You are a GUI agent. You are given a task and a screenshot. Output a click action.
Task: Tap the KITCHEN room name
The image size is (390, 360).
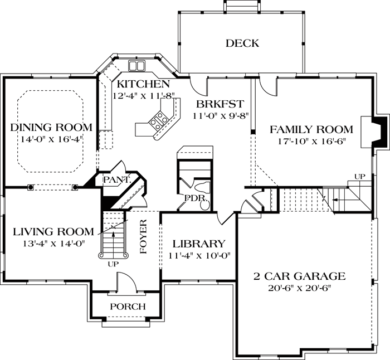[x=143, y=84]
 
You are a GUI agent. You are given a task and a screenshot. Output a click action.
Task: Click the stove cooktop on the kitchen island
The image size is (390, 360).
[x=158, y=118]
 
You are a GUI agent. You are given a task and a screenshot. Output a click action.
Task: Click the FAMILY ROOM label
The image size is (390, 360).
[x=311, y=130]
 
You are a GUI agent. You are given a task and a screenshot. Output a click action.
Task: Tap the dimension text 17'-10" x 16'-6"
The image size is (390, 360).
[x=311, y=142]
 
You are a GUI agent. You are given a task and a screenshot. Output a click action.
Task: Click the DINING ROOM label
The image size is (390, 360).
[x=51, y=128]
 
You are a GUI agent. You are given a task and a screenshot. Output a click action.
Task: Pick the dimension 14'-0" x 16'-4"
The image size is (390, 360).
[x=51, y=139]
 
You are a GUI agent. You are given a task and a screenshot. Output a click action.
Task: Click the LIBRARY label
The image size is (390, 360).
[x=198, y=244]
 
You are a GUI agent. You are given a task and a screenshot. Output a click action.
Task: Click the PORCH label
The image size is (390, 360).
[x=127, y=307]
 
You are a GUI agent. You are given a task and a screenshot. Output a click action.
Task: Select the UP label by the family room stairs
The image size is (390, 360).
[x=360, y=177]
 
